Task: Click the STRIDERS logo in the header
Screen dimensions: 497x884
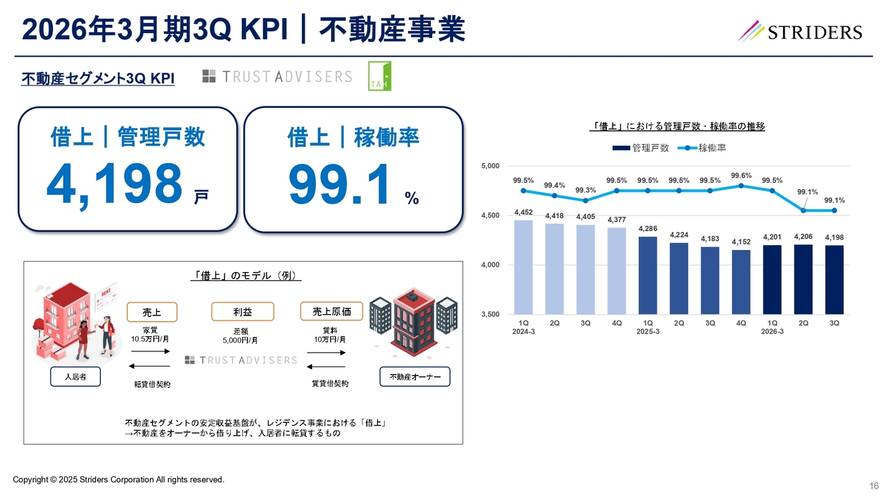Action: [800, 31]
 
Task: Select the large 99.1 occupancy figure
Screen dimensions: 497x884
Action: [341, 184]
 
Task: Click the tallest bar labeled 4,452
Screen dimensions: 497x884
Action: [523, 266]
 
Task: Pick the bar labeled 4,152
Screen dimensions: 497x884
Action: [741, 282]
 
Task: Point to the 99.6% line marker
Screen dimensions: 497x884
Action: [741, 186]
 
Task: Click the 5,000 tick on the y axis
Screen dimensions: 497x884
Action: [490, 166]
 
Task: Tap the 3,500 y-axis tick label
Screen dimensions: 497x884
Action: [490, 315]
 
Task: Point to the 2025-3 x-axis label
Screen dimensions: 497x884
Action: [648, 331]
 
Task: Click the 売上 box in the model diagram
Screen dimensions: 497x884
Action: [153, 312]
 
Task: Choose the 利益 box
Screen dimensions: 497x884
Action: [242, 312]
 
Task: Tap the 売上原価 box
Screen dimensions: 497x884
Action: [331, 312]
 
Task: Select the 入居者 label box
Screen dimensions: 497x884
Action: [75, 377]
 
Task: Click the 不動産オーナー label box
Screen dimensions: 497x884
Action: [415, 377]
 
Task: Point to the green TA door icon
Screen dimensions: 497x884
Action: [379, 76]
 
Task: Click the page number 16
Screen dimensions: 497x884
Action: [873, 486]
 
